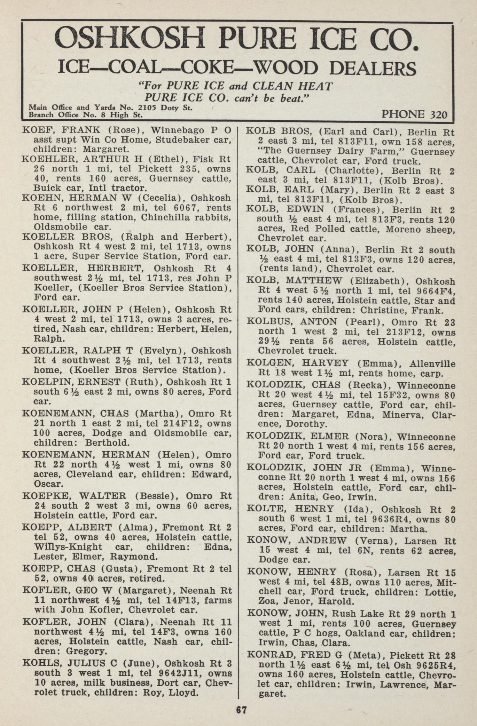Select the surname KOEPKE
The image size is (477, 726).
(x=43, y=496)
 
